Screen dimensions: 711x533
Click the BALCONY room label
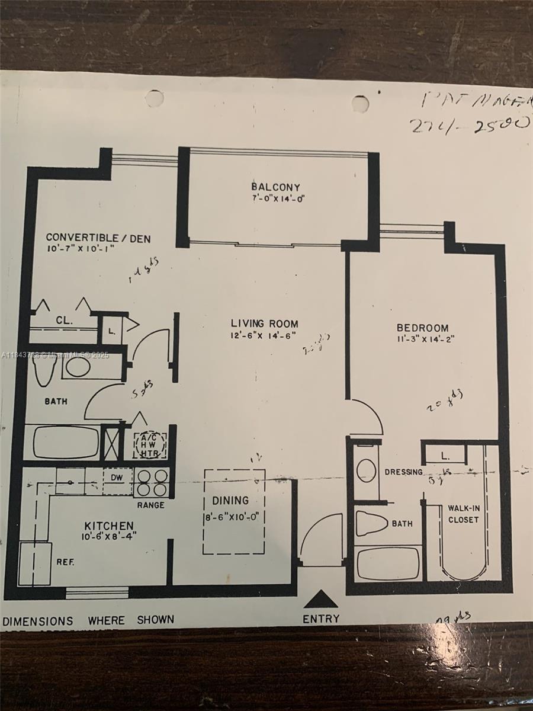click(275, 187)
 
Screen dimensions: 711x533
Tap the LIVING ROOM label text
click(264, 324)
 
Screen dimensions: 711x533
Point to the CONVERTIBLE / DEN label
click(98, 239)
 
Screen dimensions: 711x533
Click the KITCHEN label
click(108, 526)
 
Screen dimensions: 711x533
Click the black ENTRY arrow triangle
click(320, 600)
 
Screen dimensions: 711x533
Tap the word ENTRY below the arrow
click(321, 619)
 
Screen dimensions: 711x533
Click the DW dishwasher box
click(117, 477)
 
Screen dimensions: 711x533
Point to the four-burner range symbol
click(152, 482)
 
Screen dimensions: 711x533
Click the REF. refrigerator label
click(65, 562)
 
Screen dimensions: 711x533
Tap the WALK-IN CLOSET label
click(463, 514)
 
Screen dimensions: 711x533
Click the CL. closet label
click(64, 321)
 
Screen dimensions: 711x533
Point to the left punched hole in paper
click(155, 98)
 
